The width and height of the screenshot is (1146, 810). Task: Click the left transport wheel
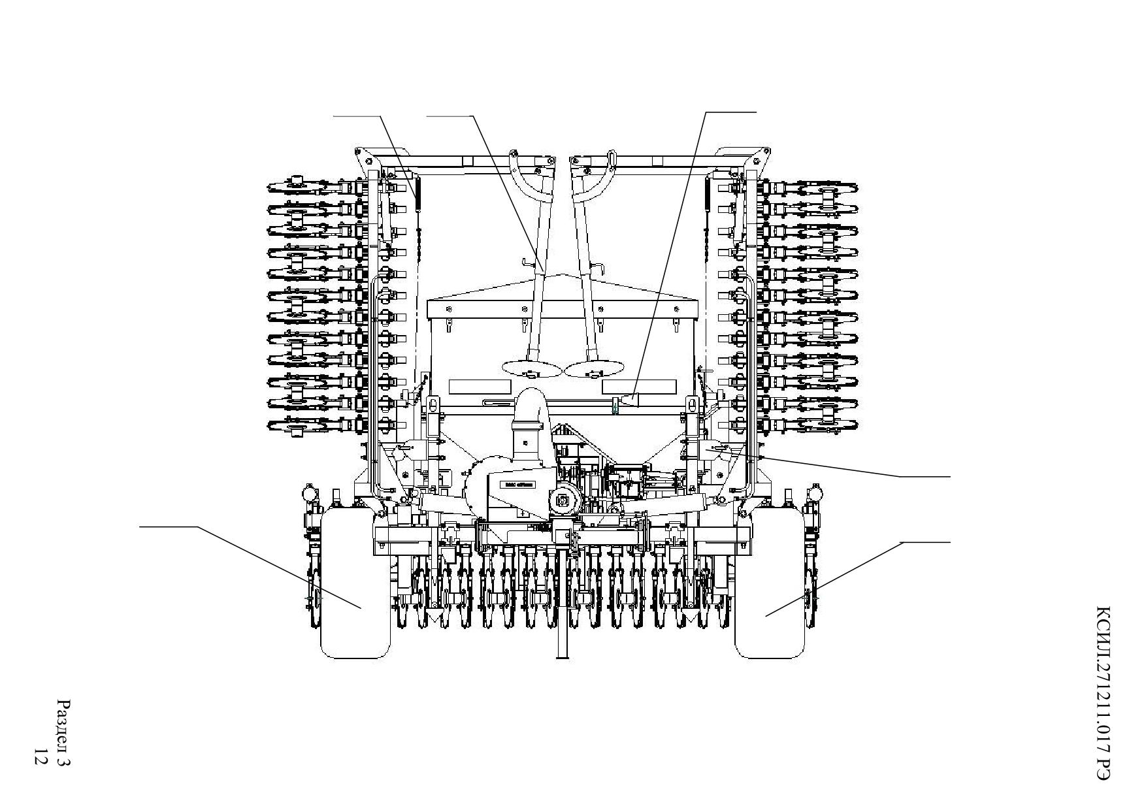(x=355, y=583)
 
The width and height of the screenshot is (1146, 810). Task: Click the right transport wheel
(x=770, y=583)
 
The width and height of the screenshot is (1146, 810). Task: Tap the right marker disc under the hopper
(x=594, y=368)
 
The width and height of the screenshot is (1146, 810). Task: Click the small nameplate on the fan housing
(x=517, y=485)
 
